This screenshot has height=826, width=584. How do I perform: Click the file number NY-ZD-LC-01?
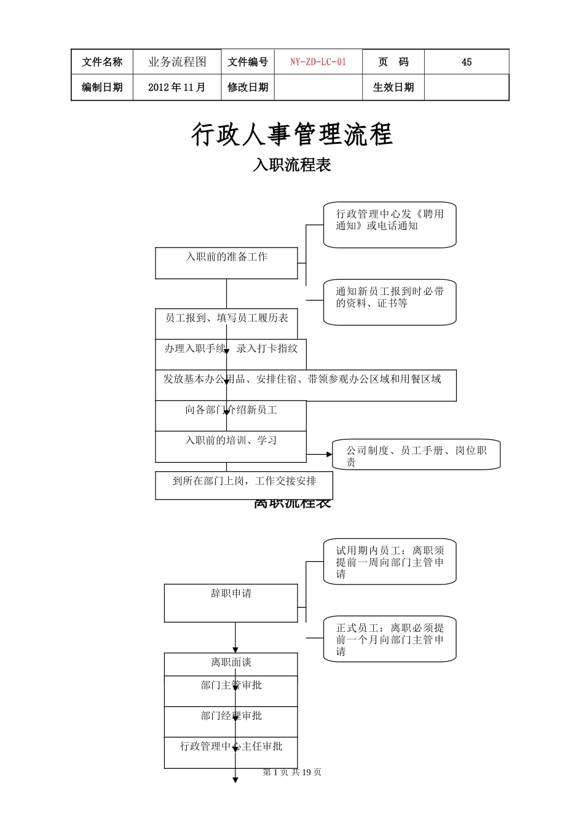point(318,62)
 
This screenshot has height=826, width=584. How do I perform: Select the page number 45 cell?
point(466,62)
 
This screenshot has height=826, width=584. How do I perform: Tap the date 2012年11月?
point(176,87)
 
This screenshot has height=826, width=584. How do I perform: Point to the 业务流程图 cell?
point(176,62)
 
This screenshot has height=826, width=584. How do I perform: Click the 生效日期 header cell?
point(393,87)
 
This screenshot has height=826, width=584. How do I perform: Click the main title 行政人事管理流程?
point(291,134)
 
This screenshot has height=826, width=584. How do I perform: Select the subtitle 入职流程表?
point(291,165)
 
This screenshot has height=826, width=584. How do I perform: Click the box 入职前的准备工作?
point(226,263)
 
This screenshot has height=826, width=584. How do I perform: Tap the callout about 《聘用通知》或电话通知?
point(390,225)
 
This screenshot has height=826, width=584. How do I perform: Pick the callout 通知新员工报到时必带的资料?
point(390,302)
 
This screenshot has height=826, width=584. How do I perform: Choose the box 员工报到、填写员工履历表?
point(226,318)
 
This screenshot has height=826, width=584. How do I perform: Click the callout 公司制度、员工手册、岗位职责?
point(416,455)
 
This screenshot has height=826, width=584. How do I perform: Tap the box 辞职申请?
point(231,602)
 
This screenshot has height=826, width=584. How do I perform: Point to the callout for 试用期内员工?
point(390,562)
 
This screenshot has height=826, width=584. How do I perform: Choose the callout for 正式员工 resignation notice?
point(390,639)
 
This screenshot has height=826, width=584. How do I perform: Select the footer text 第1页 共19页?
point(291,773)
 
